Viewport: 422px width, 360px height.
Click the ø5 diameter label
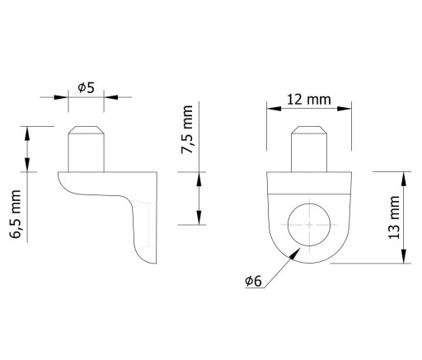pyautogui.click(x=86, y=88)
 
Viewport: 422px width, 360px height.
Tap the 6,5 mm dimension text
pyautogui.click(x=16, y=214)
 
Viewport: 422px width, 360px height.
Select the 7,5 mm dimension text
pyautogui.click(x=187, y=129)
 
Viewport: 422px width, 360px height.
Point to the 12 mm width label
pyautogui.click(x=309, y=100)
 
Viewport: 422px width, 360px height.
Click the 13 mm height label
pyautogui.click(x=394, y=217)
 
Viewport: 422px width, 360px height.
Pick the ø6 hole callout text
pyautogui.click(x=253, y=281)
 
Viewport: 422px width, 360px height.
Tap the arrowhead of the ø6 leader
pyautogui.click(x=295, y=253)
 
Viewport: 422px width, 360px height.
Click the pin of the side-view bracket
pyautogui.click(x=87, y=149)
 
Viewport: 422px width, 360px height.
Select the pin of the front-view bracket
pyautogui.click(x=309, y=149)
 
